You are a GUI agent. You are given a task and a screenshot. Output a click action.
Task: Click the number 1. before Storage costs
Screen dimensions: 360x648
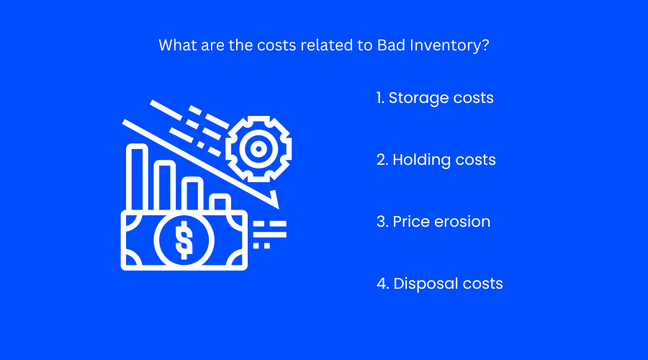(x=380, y=98)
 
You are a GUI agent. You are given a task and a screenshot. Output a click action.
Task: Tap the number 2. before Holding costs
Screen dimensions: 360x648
(x=382, y=160)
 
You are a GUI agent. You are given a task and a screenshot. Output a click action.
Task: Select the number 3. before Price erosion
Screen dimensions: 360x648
(x=382, y=222)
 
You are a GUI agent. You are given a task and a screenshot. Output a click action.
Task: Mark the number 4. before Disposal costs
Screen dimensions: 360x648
(x=382, y=284)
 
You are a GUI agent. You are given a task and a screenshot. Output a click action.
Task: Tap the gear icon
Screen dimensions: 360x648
(x=257, y=149)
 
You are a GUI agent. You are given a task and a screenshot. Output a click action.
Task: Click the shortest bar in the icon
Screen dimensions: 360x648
(x=220, y=202)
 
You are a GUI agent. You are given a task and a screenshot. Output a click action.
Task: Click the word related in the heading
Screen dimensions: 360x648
(x=328, y=45)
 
